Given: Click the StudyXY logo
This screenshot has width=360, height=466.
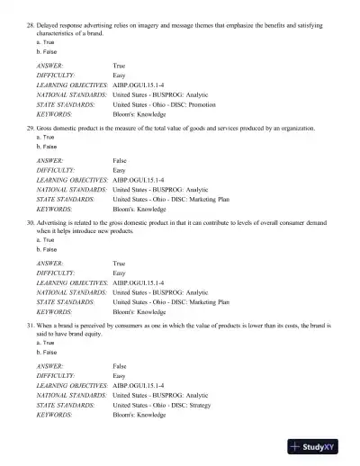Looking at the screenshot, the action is tap(319, 447).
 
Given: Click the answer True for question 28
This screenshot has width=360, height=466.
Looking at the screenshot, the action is tap(120, 67).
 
